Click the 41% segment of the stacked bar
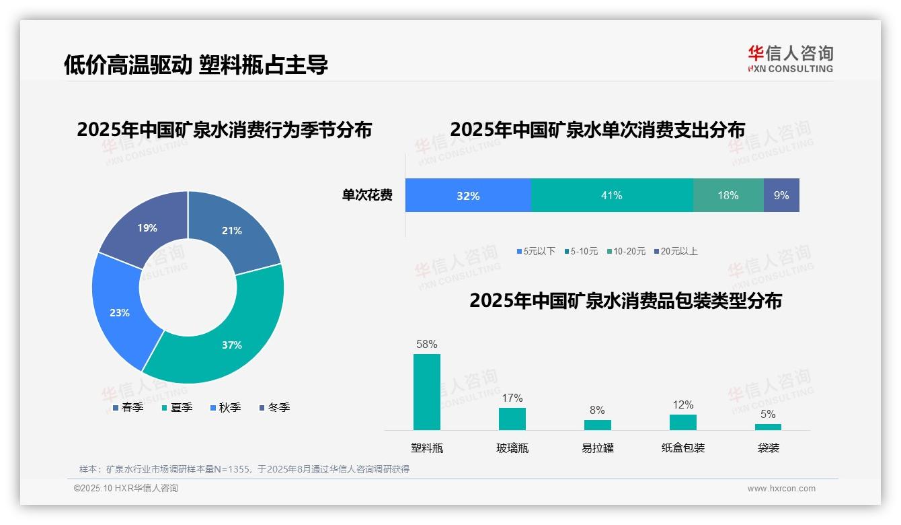612,195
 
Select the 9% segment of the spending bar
781,195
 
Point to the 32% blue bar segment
468,195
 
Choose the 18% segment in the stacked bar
728,195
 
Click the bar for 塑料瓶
427,392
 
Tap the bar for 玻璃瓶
512,419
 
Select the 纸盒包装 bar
683,422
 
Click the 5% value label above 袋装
768,414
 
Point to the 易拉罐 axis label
598,448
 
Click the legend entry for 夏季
178,407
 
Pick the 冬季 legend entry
274,407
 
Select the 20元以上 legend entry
676,251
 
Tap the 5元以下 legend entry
536,251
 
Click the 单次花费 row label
367,195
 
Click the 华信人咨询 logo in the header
790,59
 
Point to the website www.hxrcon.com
781,489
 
